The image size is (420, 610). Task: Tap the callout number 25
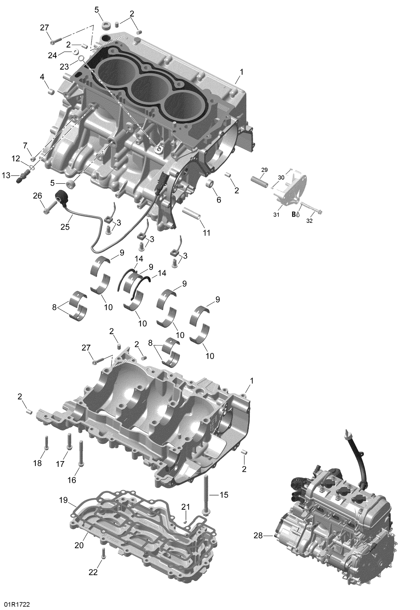click(x=65, y=227)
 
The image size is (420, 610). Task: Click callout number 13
click(x=6, y=175)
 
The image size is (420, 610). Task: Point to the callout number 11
click(x=207, y=233)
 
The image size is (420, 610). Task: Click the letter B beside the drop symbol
click(x=294, y=215)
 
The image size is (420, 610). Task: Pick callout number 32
click(x=309, y=221)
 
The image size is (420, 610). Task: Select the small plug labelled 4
click(x=51, y=91)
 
